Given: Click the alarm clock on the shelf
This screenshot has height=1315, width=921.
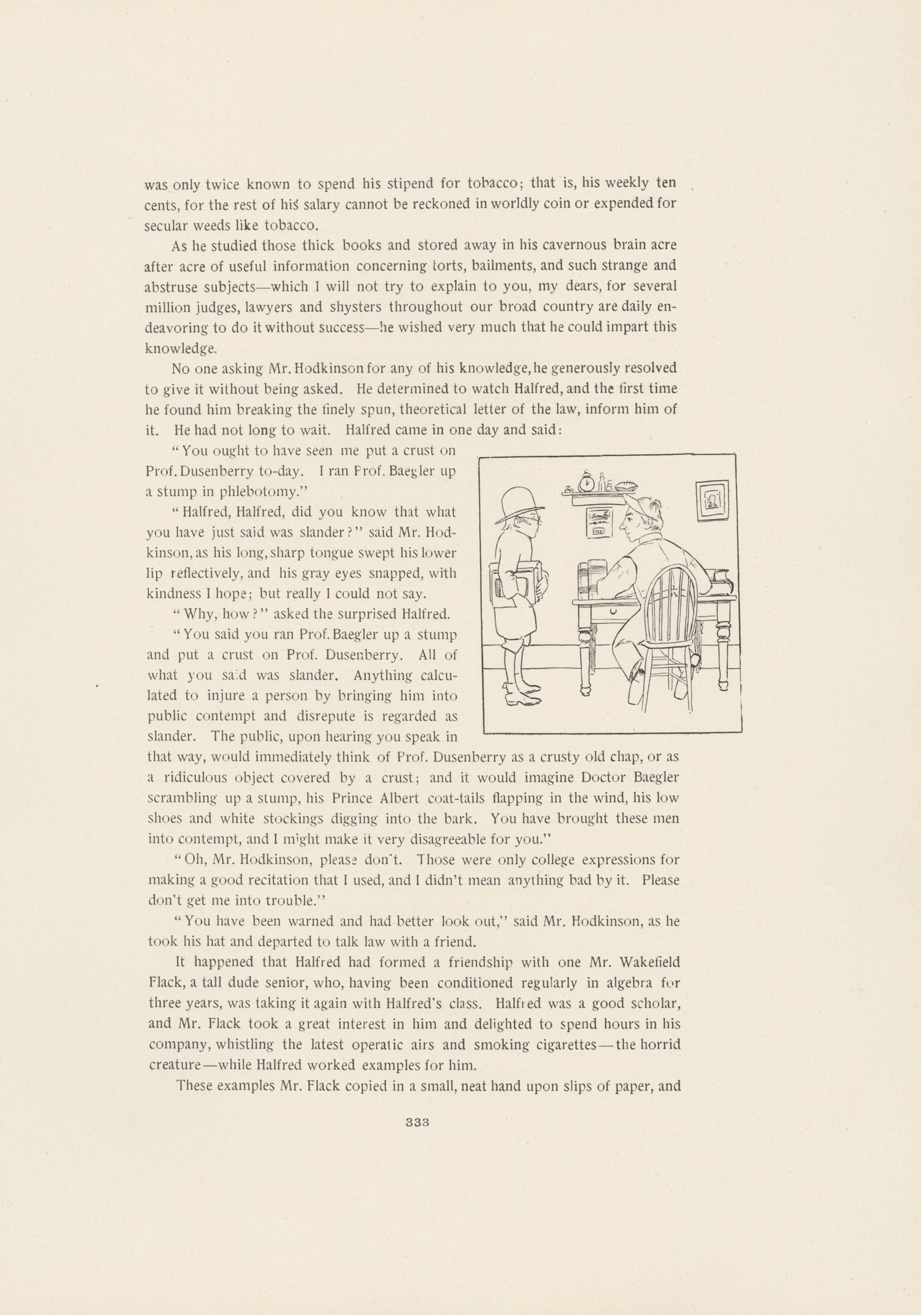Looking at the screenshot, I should [587, 484].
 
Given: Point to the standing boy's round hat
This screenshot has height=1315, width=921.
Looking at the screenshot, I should [520, 504].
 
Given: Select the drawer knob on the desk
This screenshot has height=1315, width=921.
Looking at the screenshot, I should [613, 611].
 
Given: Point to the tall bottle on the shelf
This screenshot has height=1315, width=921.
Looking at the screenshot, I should [601, 483].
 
